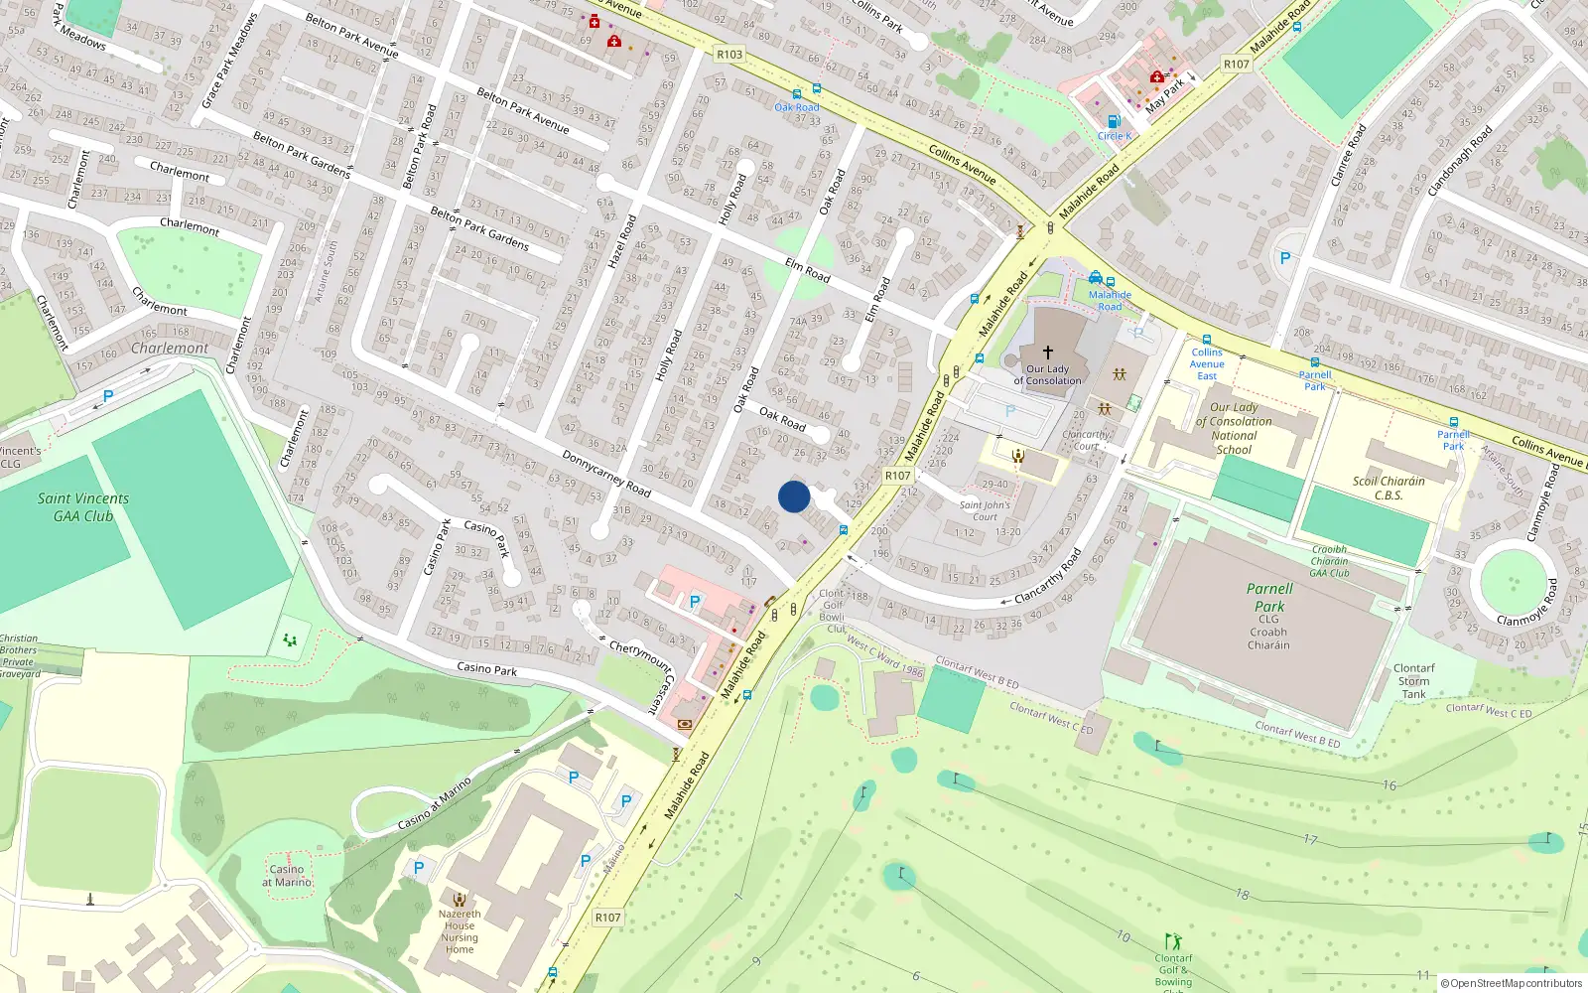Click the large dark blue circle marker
click(794, 496)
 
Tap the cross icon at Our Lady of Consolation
click(1047, 353)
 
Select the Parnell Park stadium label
click(1269, 597)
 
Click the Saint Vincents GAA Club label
click(83, 507)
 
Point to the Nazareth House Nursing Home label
click(460, 931)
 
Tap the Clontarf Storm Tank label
click(1413, 681)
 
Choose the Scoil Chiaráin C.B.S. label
click(1389, 488)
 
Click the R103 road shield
click(729, 55)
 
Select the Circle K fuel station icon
click(1114, 122)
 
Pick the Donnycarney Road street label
click(606, 474)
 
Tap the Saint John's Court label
click(985, 510)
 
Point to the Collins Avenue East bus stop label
click(1207, 363)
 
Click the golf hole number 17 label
click(1310, 840)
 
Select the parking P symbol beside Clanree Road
click(1285, 258)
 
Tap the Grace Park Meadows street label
click(229, 62)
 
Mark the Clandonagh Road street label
click(1460, 160)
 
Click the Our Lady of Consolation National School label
click(1234, 428)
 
